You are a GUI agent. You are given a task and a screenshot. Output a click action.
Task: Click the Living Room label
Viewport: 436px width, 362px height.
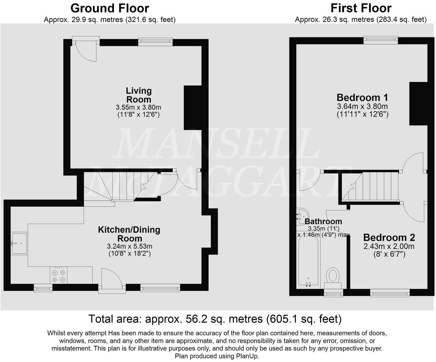point(139,95)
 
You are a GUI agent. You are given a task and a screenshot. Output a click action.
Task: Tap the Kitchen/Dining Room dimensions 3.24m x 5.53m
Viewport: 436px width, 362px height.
point(129,246)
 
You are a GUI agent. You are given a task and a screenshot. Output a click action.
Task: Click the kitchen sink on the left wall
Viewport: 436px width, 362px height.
point(19,243)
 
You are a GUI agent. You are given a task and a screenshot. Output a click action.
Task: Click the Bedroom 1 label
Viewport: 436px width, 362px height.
point(362,97)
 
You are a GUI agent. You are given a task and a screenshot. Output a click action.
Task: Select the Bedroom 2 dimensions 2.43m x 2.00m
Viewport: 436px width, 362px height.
point(389,246)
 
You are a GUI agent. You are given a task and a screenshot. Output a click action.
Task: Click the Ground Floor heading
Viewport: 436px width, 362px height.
point(110,8)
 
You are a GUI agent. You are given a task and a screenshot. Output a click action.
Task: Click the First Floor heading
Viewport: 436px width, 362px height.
point(361,8)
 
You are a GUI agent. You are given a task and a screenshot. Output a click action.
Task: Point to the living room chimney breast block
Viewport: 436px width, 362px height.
point(193,108)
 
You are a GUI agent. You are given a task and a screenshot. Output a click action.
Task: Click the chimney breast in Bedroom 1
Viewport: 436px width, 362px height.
point(418,104)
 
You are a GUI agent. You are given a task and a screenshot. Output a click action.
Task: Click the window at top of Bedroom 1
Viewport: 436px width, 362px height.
point(380,40)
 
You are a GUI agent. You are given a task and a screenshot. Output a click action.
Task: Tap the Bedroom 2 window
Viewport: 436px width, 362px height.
point(389,293)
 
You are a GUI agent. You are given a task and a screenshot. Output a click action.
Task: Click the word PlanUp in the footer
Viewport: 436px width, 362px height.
point(246,356)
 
